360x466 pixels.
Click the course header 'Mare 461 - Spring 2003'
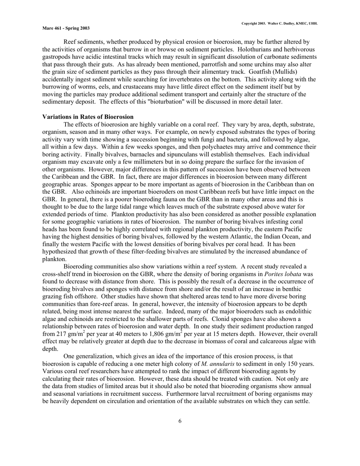click(x=66, y=28)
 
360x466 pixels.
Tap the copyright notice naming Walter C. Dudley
click(x=280, y=23)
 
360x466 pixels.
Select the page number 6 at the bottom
click(x=180, y=421)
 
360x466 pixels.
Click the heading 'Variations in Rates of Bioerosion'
click(x=88, y=117)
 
